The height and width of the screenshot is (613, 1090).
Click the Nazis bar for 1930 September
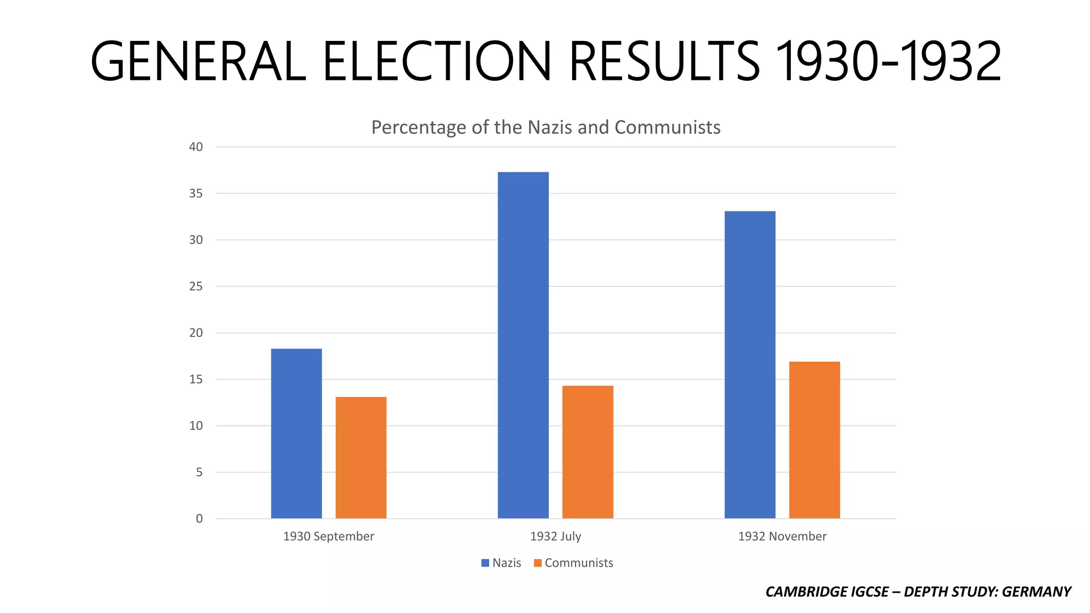point(296,434)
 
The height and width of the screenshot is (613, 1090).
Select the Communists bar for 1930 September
point(361,458)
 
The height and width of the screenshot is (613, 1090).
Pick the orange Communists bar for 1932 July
point(588,452)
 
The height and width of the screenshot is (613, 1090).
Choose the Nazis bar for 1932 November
point(749,365)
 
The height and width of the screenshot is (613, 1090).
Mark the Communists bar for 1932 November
point(814,440)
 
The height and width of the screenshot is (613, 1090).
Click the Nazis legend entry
point(501,563)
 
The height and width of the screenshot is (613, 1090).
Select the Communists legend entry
point(574,563)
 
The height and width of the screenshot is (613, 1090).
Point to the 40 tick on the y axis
point(196,147)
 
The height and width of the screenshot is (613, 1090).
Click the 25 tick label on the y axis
point(196,286)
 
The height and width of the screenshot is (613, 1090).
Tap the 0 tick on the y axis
point(199,519)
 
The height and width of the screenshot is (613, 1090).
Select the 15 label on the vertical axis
point(196,379)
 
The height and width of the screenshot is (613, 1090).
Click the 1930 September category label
point(328,536)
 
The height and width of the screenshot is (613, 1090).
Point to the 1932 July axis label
point(555,536)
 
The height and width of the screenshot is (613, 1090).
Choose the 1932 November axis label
point(782,536)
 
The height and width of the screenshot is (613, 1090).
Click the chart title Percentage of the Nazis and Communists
point(546,128)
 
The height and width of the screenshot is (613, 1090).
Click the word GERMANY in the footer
point(1036,592)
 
